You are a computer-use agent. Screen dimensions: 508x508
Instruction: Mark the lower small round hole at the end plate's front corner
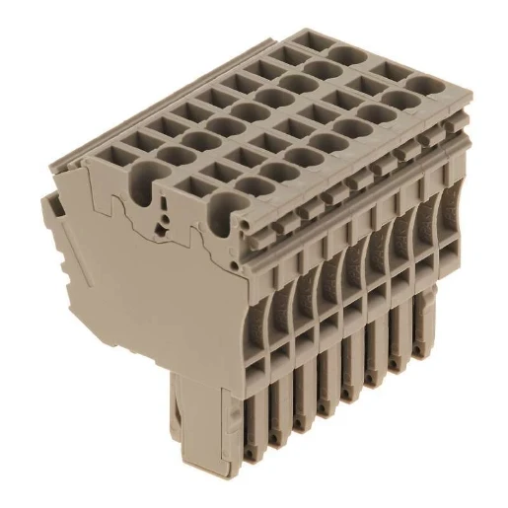pos(225,268)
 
